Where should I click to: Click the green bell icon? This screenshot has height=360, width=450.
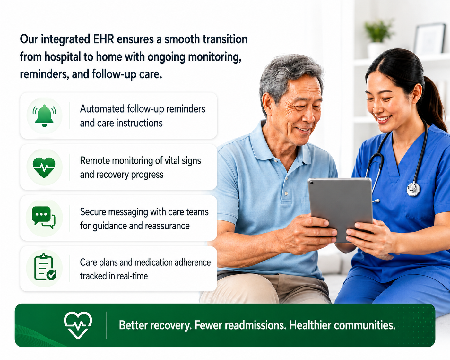[x=44, y=116]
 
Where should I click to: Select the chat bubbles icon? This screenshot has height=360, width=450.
[x=44, y=218]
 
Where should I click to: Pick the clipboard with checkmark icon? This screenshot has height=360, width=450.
[x=45, y=267]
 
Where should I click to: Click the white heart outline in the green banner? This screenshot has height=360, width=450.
[x=78, y=325]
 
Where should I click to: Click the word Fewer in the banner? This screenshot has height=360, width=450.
[x=208, y=325]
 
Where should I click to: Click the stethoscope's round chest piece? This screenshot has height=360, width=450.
[x=413, y=189]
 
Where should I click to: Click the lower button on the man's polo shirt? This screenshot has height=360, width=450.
[x=287, y=193]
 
